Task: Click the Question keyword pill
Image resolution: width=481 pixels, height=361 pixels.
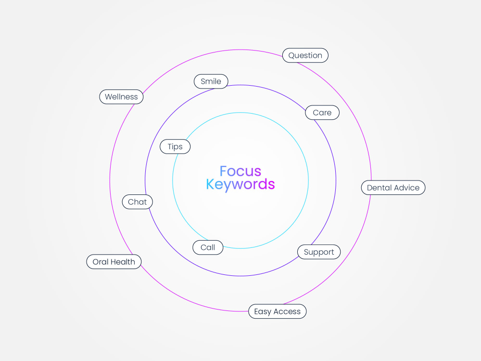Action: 305,55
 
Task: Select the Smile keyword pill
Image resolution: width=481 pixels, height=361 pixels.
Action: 211,81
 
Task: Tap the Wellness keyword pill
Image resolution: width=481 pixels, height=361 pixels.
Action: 121,97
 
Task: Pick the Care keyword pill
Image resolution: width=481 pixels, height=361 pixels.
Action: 322,112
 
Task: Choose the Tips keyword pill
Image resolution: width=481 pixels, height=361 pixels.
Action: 175,146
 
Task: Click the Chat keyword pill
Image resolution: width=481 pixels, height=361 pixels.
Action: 138,202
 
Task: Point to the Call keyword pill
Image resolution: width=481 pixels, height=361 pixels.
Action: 208,247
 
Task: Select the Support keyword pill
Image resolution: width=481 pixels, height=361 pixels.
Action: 319,252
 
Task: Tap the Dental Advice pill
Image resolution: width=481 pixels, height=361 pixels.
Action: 393,188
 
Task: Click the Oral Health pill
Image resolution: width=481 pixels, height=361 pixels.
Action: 114,262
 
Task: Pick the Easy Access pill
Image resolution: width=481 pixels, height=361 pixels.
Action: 278,311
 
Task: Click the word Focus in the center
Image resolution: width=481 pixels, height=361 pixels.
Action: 240,171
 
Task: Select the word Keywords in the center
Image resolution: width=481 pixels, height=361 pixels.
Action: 240,184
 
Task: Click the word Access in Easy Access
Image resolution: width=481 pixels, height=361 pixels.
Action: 287,311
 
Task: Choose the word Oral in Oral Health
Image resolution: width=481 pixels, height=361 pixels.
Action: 100,262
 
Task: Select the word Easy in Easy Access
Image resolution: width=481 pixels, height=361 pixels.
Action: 263,312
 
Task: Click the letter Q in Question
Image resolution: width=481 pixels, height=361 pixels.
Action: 292,55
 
